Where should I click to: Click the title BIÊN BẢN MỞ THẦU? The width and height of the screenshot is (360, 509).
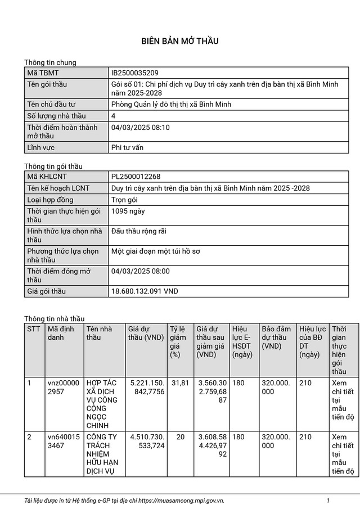[179, 41]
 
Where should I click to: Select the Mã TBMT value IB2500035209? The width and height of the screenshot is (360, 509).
[135, 73]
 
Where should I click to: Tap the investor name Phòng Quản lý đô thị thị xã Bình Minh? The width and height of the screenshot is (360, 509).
[172, 105]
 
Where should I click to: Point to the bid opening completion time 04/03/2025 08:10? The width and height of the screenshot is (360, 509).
[141, 128]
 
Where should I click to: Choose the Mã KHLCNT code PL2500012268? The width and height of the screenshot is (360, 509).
[136, 177]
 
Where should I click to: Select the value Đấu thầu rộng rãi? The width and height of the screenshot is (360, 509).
[139, 231]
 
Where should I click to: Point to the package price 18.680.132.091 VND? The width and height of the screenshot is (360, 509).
[145, 291]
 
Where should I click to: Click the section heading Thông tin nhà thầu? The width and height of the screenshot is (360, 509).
[54, 319]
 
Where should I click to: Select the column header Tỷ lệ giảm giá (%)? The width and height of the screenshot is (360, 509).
[178, 342]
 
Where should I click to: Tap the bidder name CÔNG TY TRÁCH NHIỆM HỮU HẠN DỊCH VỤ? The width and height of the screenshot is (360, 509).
[103, 454]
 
